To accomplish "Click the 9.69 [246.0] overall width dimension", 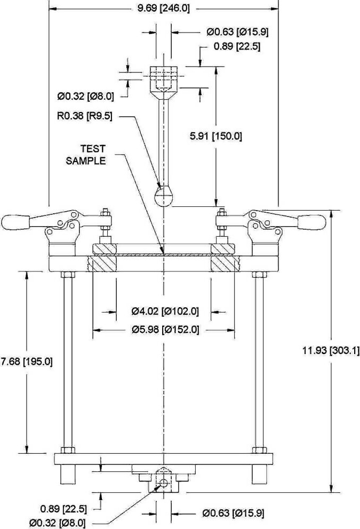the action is pos(164,8).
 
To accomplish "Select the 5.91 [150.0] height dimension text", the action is pos(216,137).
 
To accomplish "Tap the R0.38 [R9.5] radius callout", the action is pos(85,116).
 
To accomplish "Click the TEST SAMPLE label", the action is pos(86,155).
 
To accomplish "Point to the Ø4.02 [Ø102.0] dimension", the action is pos(165,311).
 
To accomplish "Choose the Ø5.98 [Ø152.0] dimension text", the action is pos(165,329).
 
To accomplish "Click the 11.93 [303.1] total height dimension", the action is pos(331,350).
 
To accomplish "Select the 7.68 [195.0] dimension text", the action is pos(27,362).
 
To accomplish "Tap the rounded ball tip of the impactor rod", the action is pos(164,196).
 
